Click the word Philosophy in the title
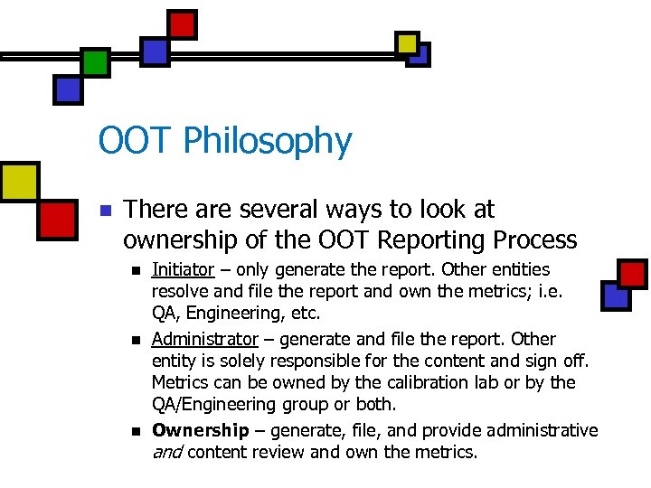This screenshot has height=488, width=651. click(267, 142)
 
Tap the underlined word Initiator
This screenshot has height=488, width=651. click(183, 269)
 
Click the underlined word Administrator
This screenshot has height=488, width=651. click(204, 339)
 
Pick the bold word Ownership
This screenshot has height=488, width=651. click(200, 430)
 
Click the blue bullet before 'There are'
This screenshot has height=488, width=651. click(105, 211)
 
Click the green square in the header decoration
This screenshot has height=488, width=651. click(95, 61)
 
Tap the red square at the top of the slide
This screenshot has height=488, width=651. click(183, 23)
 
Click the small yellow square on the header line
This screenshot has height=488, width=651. click(408, 42)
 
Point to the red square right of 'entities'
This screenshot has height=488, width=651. click(631, 273)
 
